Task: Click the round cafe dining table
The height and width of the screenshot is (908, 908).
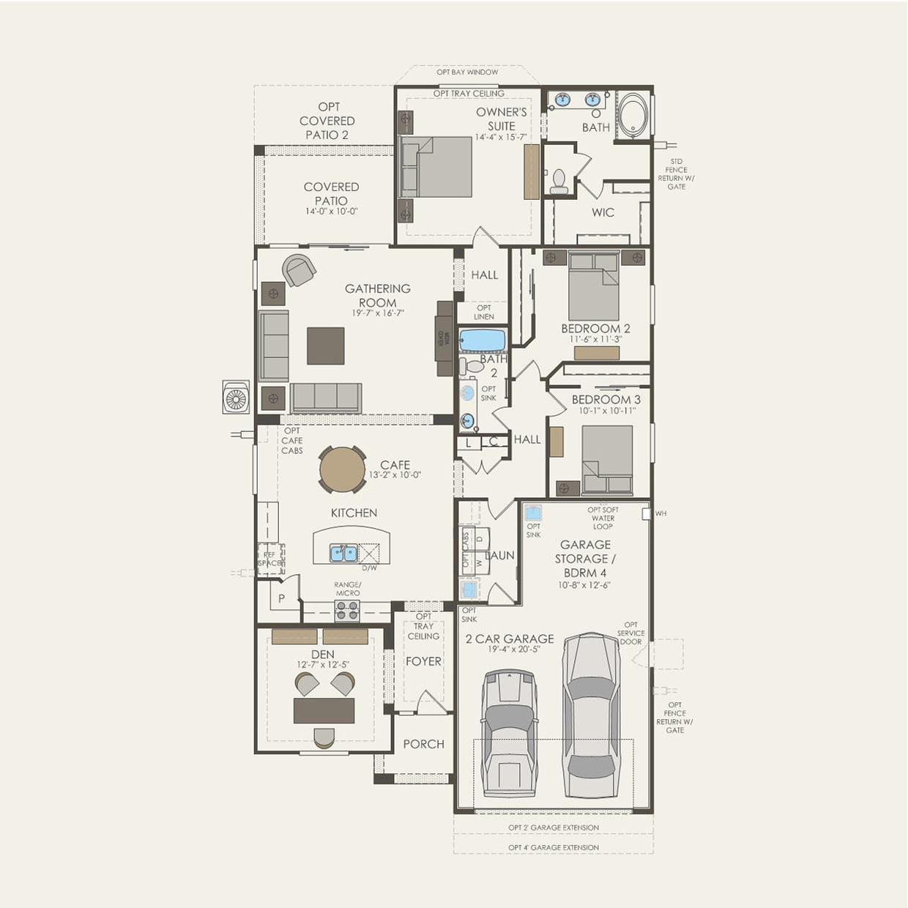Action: tap(342, 470)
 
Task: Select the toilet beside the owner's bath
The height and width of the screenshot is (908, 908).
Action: tap(559, 182)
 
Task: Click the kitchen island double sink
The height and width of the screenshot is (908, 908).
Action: tap(343, 553)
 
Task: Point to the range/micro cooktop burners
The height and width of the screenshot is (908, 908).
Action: tap(347, 610)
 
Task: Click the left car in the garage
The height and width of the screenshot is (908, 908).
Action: tap(510, 732)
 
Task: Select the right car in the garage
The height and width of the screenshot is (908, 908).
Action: tap(592, 715)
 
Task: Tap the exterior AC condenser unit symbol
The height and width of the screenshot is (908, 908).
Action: tap(236, 398)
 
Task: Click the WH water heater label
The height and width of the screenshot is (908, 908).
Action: tap(661, 513)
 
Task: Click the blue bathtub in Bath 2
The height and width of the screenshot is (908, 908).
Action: tap(483, 340)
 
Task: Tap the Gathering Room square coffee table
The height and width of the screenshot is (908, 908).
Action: tap(325, 346)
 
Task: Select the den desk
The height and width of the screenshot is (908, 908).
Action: tap(324, 710)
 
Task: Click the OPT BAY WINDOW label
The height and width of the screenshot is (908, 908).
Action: tap(467, 72)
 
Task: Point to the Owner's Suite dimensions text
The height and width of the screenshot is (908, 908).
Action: tap(501, 137)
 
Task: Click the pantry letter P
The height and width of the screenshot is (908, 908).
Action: tap(281, 598)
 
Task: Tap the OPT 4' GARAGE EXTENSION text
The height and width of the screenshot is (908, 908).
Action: tap(554, 847)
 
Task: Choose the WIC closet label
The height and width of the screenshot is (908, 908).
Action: tap(603, 212)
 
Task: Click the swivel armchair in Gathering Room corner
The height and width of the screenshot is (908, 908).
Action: tap(298, 270)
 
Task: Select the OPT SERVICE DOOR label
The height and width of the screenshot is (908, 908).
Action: tap(630, 633)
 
